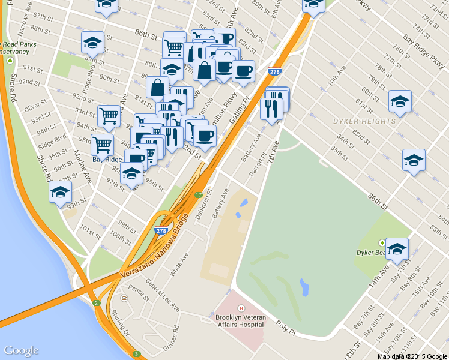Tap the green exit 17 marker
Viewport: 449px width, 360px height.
click(199, 195)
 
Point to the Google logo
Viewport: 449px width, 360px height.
click(21, 350)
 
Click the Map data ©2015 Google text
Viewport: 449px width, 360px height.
click(412, 356)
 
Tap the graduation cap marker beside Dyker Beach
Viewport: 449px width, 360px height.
click(397, 248)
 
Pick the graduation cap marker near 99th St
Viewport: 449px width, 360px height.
click(61, 192)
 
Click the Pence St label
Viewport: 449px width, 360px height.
click(138, 292)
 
